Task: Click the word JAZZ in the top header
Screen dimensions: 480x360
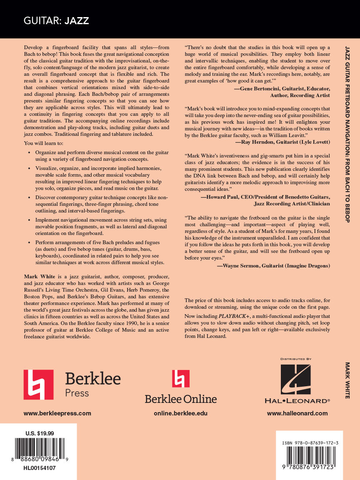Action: (77, 21)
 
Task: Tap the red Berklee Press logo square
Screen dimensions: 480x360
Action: (38, 385)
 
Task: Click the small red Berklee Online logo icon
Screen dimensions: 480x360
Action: (180, 378)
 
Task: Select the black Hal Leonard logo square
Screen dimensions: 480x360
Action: (295, 379)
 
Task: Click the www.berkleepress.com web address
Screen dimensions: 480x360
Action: (57, 413)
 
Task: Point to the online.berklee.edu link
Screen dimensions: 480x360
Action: (180, 413)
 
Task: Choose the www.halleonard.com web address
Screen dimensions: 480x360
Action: (297, 413)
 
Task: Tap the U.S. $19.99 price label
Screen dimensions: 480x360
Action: (40, 433)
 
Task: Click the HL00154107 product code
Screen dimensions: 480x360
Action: (40, 468)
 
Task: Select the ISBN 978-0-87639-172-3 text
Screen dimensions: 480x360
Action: (310, 443)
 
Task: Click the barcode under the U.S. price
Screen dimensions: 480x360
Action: (40, 449)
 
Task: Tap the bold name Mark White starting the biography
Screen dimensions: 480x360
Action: (36, 276)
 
